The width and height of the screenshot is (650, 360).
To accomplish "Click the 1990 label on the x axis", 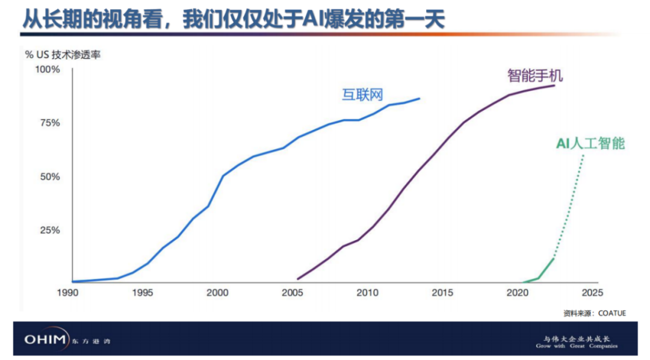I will point(72,293).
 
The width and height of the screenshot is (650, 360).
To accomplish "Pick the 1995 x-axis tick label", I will point(143,293).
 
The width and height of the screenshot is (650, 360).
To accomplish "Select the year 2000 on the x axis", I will point(217,293).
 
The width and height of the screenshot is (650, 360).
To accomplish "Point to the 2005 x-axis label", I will point(292,293).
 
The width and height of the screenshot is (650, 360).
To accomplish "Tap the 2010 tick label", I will point(367,293).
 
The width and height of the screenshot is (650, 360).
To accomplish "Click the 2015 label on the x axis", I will point(442,293).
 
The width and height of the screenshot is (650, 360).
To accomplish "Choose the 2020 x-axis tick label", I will point(517,293).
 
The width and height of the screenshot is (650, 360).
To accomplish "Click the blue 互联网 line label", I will point(363,95).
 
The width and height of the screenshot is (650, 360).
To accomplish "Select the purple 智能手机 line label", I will point(534,75).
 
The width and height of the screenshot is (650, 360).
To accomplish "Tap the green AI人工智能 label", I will point(590,143).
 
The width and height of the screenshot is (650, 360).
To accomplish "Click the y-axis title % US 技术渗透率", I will point(63,55).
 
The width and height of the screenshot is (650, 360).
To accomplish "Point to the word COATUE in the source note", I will point(612,313).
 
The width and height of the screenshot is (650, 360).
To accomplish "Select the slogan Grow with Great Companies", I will point(577,346).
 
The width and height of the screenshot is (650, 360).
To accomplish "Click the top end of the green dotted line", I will point(583,156).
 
